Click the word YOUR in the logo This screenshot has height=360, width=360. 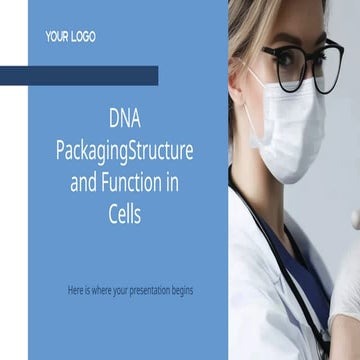[56, 37]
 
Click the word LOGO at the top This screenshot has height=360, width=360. [83, 37]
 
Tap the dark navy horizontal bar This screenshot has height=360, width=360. [79, 75]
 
